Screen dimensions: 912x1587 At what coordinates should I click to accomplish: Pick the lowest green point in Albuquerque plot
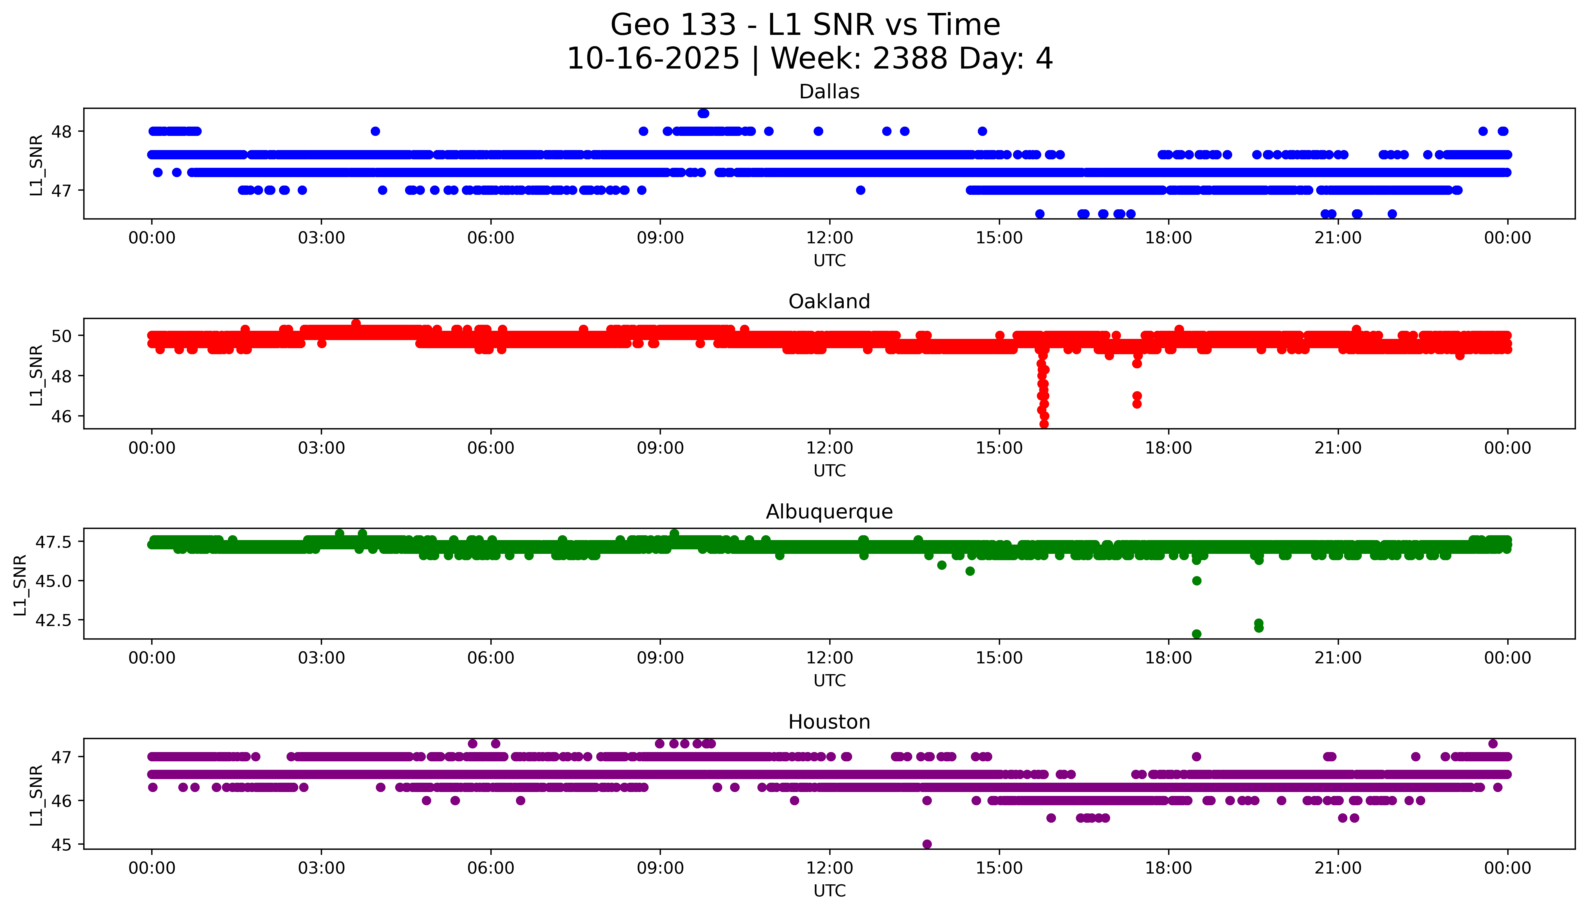(x=1196, y=634)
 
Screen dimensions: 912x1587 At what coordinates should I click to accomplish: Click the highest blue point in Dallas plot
(x=703, y=113)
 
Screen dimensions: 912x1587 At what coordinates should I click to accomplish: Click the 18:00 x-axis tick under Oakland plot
(x=1169, y=448)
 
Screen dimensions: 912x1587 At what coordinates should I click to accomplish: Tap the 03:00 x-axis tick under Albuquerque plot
(x=321, y=658)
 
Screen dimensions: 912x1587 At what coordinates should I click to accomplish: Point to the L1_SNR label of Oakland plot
(x=36, y=375)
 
